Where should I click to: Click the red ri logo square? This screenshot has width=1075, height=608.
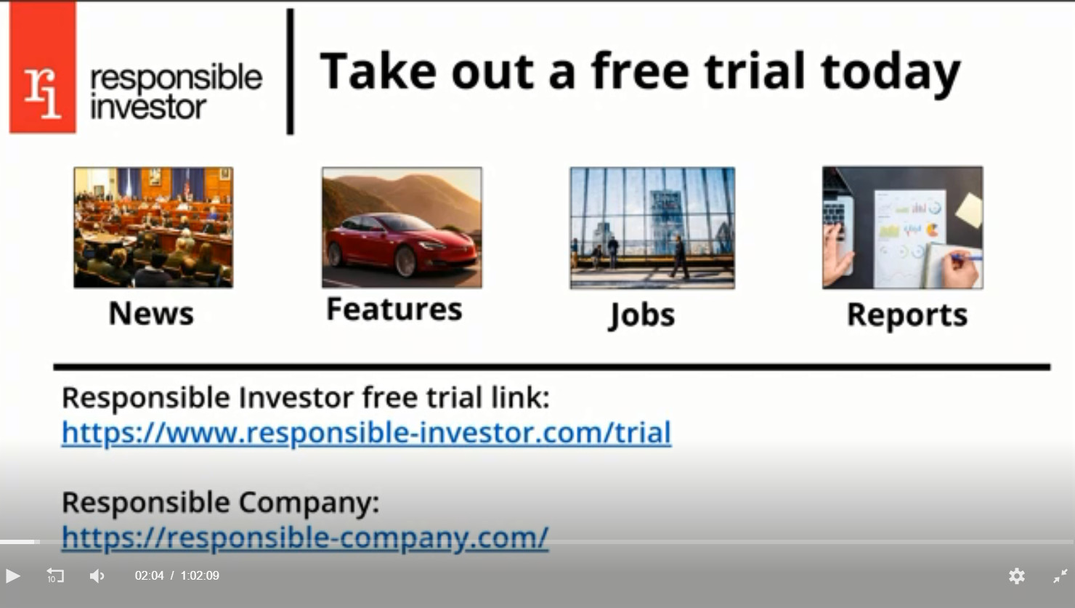pos(43,67)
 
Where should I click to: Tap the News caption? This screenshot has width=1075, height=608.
pos(151,313)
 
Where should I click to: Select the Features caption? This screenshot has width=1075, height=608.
pos(394,309)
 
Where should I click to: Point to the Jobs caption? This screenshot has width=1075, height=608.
pos(642,315)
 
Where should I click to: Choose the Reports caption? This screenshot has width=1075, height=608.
pos(907,315)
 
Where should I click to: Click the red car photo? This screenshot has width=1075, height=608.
pos(402,228)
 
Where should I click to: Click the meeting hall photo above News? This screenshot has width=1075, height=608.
pos(153,227)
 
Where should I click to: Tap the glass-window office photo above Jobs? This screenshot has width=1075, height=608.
pos(652,228)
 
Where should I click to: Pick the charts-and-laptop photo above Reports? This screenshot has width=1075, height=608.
pos(902,228)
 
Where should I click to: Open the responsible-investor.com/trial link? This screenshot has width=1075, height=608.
pos(367,433)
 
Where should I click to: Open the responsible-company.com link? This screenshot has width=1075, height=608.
pos(305,538)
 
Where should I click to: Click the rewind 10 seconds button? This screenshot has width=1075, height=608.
pos(54,575)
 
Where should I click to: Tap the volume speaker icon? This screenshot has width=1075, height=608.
pos(97,576)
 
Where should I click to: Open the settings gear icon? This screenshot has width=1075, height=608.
pos(1016,576)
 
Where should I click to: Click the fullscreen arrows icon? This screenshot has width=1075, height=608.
pos(1060,576)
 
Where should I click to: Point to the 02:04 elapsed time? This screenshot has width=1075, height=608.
pos(149,575)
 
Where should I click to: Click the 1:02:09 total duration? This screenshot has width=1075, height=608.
pos(200,575)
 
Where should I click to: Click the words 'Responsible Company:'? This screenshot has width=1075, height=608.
pos(221,503)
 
